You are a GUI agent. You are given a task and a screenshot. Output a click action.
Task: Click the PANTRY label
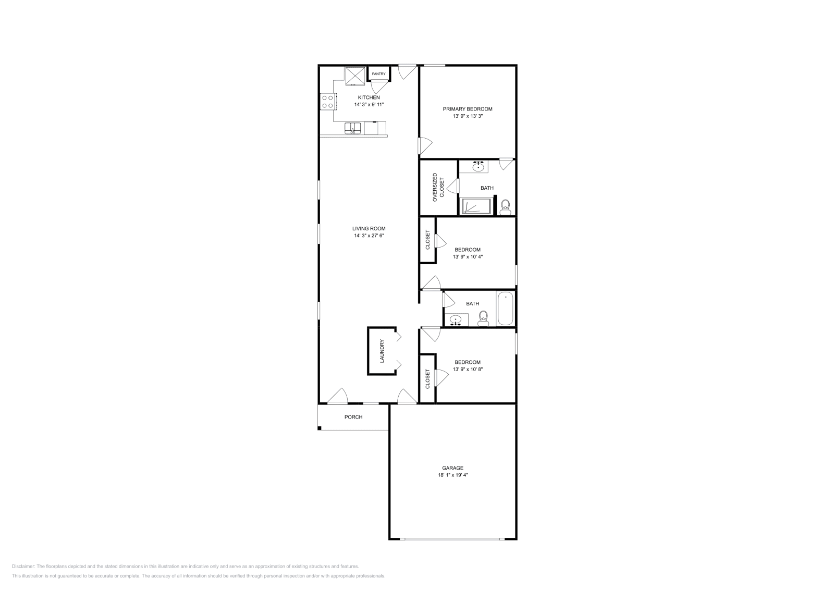(x=378, y=74)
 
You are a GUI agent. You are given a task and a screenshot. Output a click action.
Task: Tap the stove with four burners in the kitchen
(x=328, y=101)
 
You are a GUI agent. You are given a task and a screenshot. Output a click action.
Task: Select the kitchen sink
(x=353, y=128)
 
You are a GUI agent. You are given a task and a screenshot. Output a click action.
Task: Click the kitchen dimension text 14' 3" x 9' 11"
(x=369, y=105)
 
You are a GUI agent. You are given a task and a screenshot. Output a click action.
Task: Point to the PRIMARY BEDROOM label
(x=468, y=109)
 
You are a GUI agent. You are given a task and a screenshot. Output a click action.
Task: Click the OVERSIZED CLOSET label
(x=438, y=187)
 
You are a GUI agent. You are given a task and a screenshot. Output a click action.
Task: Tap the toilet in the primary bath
(x=505, y=207)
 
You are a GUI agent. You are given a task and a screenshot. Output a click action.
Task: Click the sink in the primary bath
(x=479, y=167)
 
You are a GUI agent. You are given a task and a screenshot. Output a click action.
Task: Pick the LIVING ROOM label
(x=369, y=228)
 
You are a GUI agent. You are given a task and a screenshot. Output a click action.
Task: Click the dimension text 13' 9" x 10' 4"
(x=468, y=256)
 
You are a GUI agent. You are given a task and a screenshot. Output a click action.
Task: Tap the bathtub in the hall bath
(x=505, y=309)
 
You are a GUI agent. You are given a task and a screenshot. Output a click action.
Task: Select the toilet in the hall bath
(x=483, y=318)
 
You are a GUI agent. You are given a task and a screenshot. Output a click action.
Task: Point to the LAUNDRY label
(x=382, y=351)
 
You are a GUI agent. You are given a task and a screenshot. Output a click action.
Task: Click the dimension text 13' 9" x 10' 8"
(x=468, y=370)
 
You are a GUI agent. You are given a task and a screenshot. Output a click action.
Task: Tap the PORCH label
(x=353, y=417)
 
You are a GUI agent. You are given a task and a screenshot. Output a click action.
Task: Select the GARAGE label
(x=453, y=468)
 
